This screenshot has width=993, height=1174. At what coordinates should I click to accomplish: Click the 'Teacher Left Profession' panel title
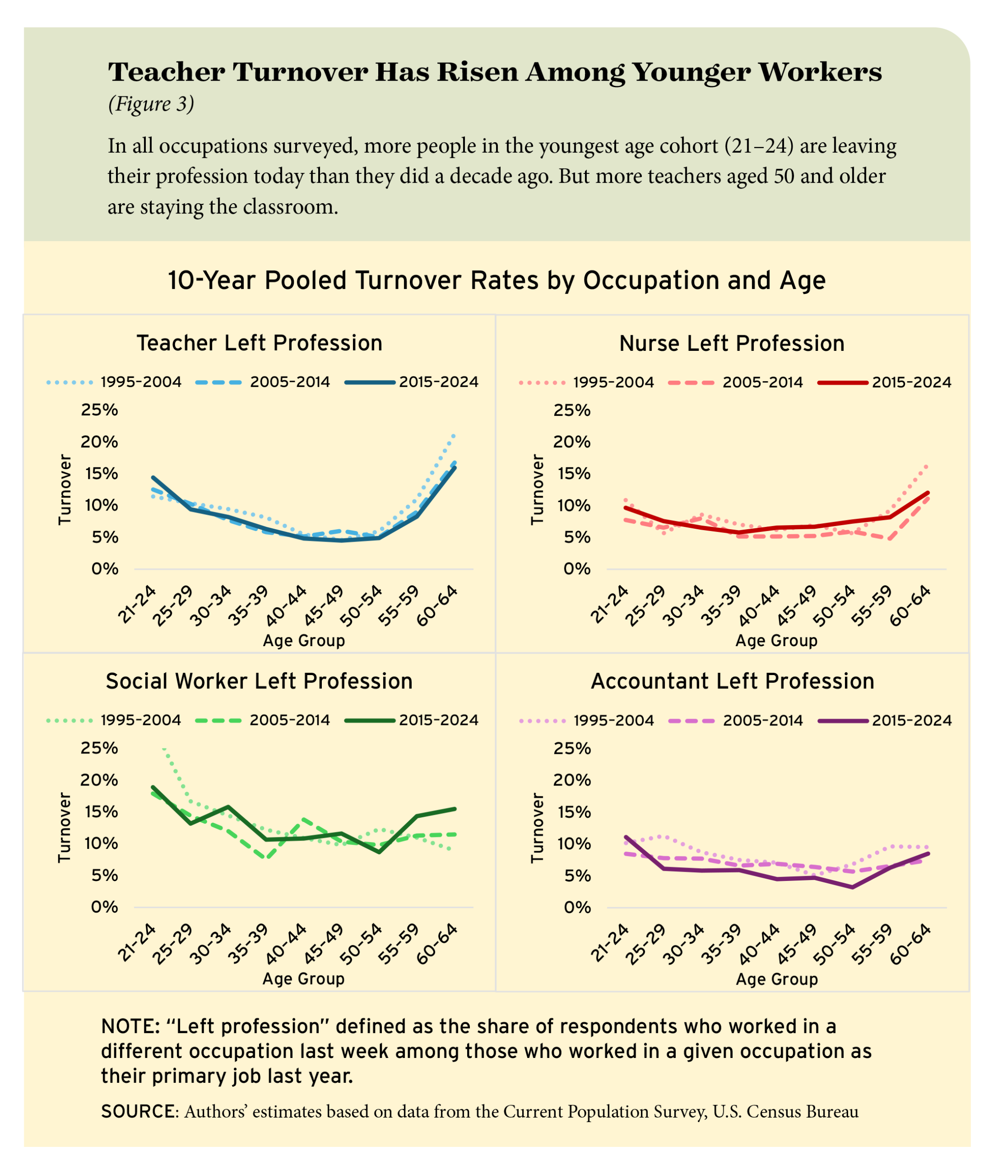pos(259,343)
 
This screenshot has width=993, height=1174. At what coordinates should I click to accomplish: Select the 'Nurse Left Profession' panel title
pos(731,343)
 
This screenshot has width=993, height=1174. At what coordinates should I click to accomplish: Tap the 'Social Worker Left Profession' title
pos(259,681)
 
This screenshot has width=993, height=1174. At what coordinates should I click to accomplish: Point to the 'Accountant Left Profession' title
pos(732,681)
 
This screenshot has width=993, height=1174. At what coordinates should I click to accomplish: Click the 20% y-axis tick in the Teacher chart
pos(99,442)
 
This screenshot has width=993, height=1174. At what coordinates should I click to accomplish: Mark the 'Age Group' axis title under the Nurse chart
pos(776,641)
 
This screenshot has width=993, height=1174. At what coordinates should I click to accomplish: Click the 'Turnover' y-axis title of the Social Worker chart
pos(65,827)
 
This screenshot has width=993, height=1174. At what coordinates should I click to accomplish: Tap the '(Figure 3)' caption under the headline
pos(151,104)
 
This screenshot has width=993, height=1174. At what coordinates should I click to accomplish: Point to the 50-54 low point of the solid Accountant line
pos(852,887)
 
